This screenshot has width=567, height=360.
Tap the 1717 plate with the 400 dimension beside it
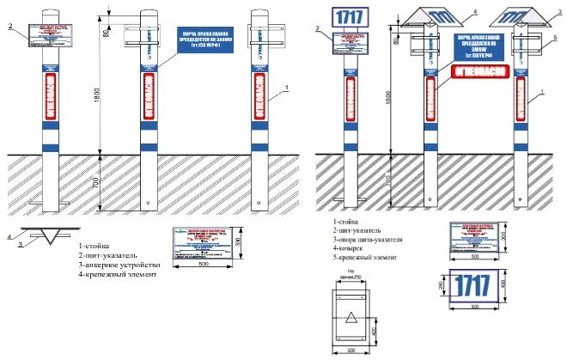(x=470, y=285)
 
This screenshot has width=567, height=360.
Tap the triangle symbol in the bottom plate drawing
(x=350, y=318)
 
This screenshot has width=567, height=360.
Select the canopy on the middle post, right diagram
(x=438, y=18)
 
